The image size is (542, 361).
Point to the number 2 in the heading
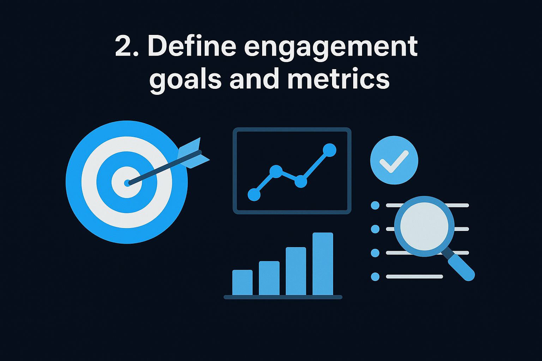click(x=123, y=47)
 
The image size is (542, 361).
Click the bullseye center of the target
click(x=127, y=183)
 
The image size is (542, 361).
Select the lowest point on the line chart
click(x=254, y=194)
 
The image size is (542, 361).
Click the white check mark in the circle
click(x=394, y=161)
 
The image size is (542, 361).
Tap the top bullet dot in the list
click(x=375, y=205)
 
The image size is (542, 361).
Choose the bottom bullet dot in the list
click(x=375, y=277)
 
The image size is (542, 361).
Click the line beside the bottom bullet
click(x=414, y=277)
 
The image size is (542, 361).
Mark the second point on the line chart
click(x=276, y=171)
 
